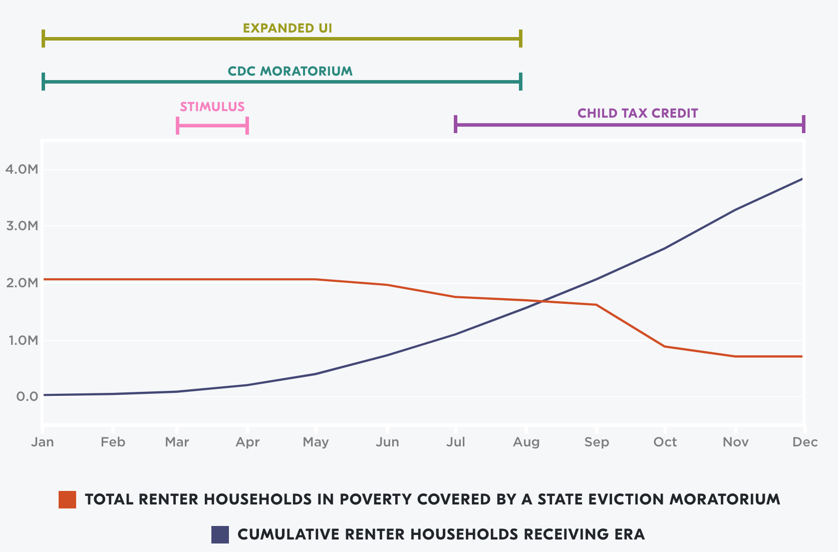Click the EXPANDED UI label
click(288, 28)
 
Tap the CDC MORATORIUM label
click(290, 71)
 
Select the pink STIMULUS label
click(212, 107)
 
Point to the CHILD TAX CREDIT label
click(638, 113)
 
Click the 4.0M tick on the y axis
click(22, 169)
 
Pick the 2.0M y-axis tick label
click(22, 283)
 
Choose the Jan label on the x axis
click(43, 442)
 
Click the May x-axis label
click(316, 442)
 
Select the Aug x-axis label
click(526, 442)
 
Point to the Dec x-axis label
click(804, 442)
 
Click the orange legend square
click(67, 499)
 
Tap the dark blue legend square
click(220, 534)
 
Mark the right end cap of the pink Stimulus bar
click(247, 125)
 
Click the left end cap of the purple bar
click(455, 124)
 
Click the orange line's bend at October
click(665, 346)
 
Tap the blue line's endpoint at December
click(802, 179)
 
